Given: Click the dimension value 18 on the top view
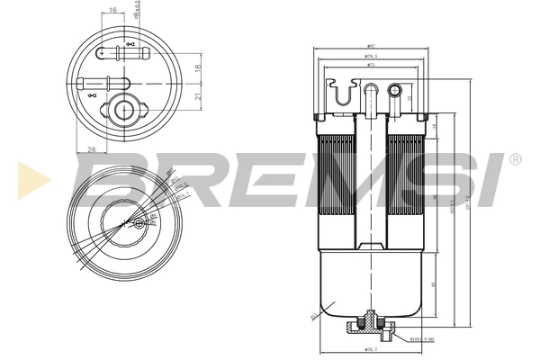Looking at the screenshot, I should (x=198, y=67).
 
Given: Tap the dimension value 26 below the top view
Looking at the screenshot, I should (x=93, y=149).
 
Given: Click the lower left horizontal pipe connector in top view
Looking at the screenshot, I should (x=98, y=83).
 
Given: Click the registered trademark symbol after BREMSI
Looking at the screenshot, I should (x=514, y=159).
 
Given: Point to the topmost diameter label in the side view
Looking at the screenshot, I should (x=370, y=47).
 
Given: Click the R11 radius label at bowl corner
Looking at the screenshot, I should (x=314, y=317).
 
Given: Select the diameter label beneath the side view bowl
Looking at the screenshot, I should (x=369, y=349).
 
